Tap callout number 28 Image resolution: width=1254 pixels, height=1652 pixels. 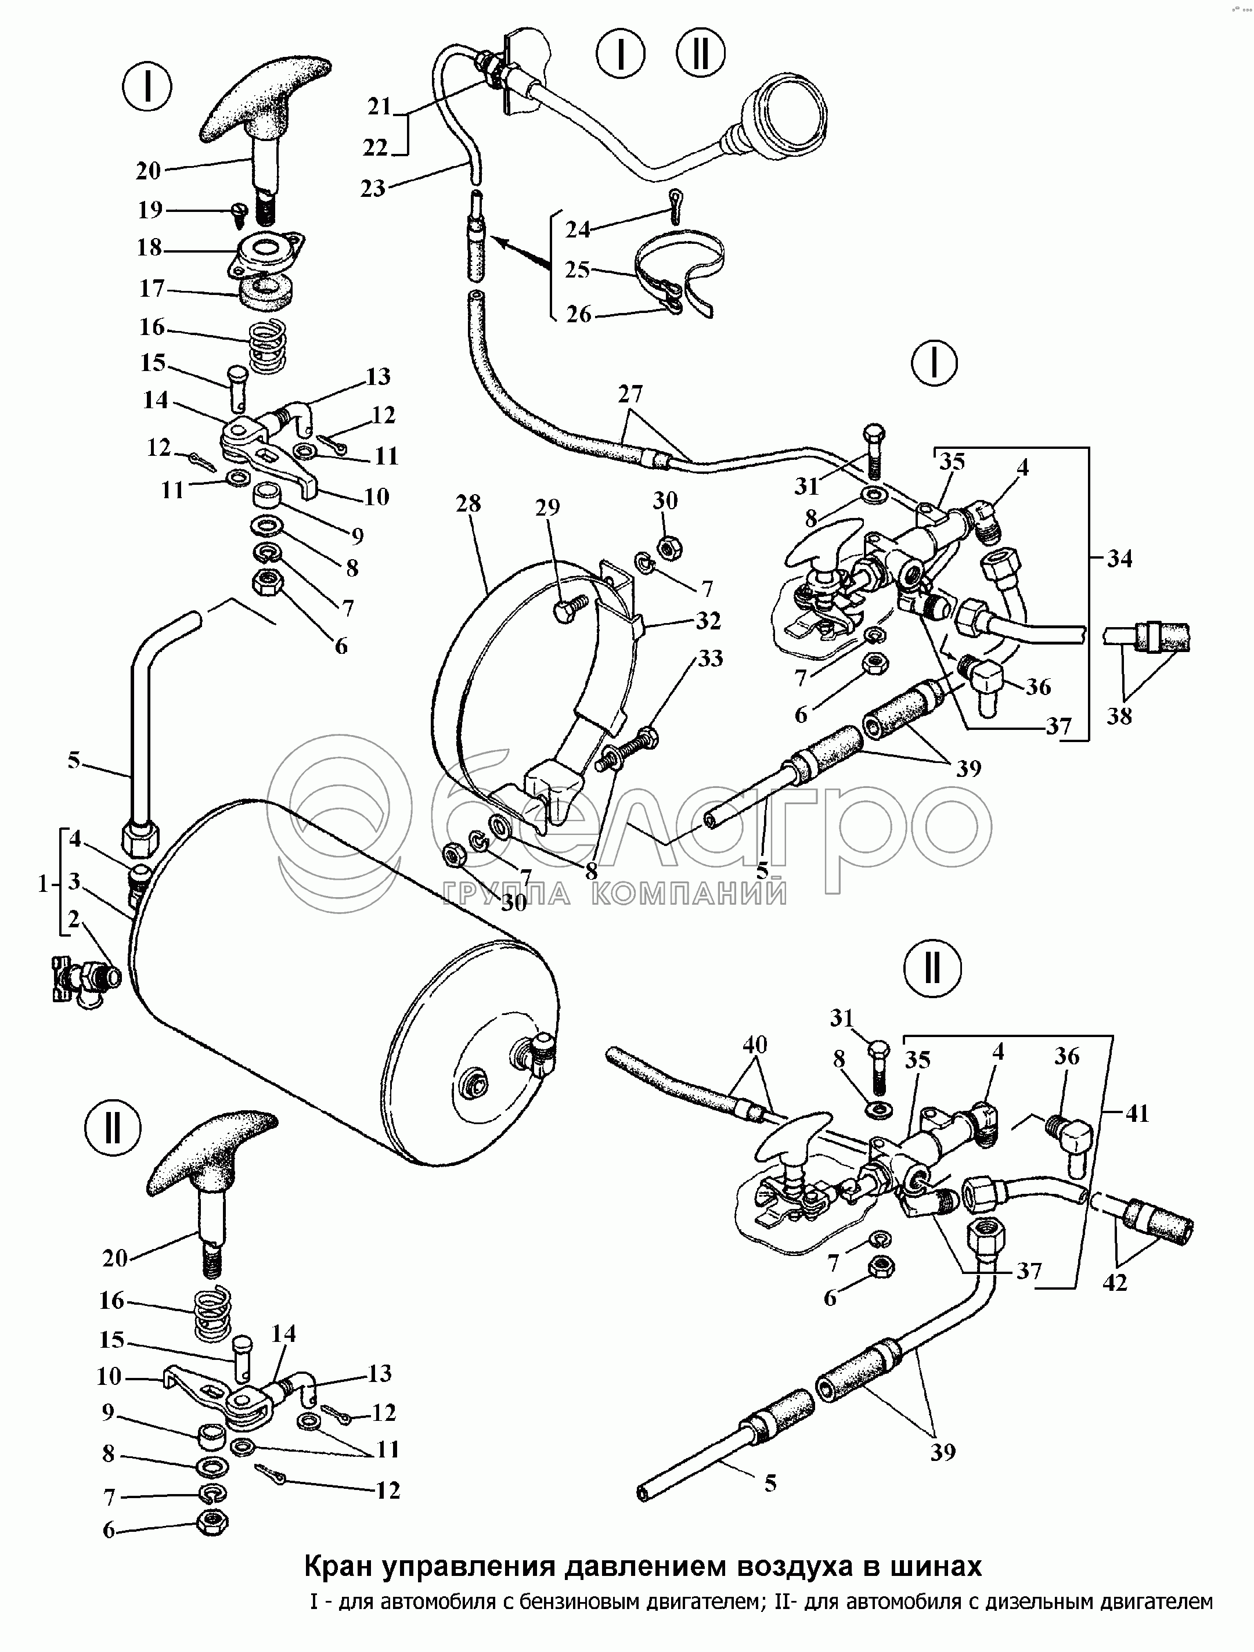pos(469,504)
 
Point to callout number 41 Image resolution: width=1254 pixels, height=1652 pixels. pos(1137,1114)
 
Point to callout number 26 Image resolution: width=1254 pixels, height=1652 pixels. pos(579,314)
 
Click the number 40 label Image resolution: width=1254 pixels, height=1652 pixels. pos(754,1045)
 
